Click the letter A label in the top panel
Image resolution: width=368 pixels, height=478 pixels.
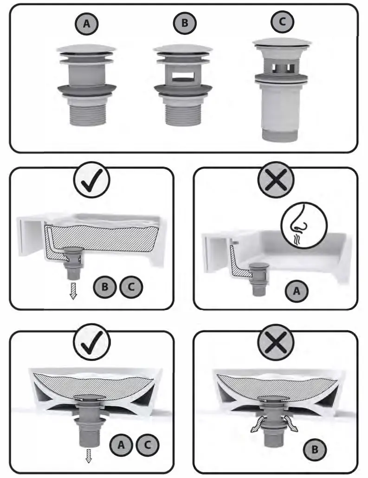[84, 24]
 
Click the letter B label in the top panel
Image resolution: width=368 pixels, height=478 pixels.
[185, 24]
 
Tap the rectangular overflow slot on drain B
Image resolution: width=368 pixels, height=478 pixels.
[184, 75]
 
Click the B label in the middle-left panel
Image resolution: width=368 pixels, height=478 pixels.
[105, 286]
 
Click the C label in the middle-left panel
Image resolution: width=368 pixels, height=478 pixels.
[131, 286]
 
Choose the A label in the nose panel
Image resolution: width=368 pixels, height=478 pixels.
[297, 291]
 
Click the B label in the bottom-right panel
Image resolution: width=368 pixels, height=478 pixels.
[314, 449]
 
